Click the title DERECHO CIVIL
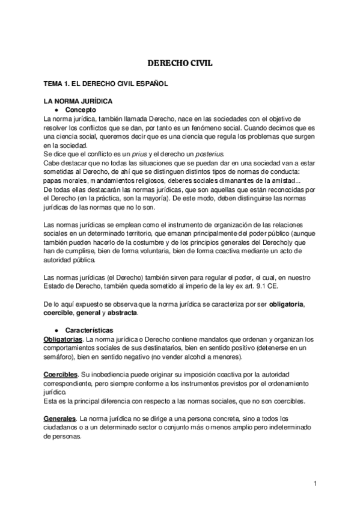tap(180, 61)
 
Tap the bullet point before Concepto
tap(55, 110)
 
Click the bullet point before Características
tap(55, 330)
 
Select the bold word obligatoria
tap(287, 304)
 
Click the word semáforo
tap(53, 357)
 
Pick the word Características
tap(89, 330)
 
